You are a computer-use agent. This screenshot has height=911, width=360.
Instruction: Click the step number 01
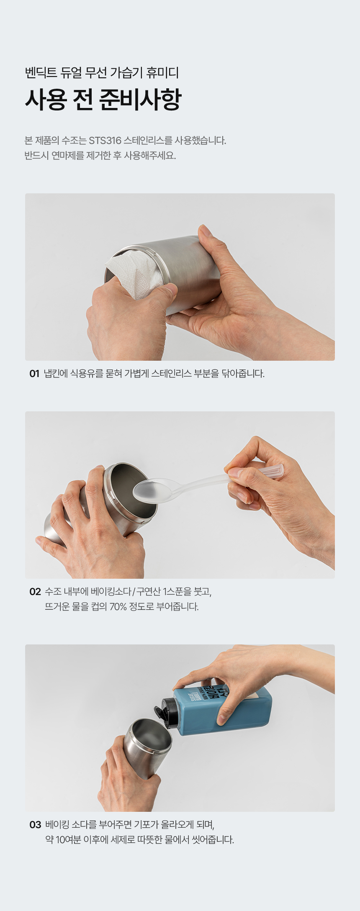tap(34, 373)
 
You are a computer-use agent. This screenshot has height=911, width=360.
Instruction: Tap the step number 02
tap(35, 591)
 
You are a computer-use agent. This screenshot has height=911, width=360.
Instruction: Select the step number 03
tap(35, 824)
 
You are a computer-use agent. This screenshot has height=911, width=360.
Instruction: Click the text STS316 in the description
tap(105, 140)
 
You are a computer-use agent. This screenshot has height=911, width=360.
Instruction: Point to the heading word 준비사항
tap(141, 99)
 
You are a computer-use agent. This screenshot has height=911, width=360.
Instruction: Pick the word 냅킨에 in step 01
tap(56, 373)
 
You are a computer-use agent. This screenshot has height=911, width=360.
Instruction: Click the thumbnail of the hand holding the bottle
tap(180, 728)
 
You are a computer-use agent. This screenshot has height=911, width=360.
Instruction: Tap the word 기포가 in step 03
tap(147, 825)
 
